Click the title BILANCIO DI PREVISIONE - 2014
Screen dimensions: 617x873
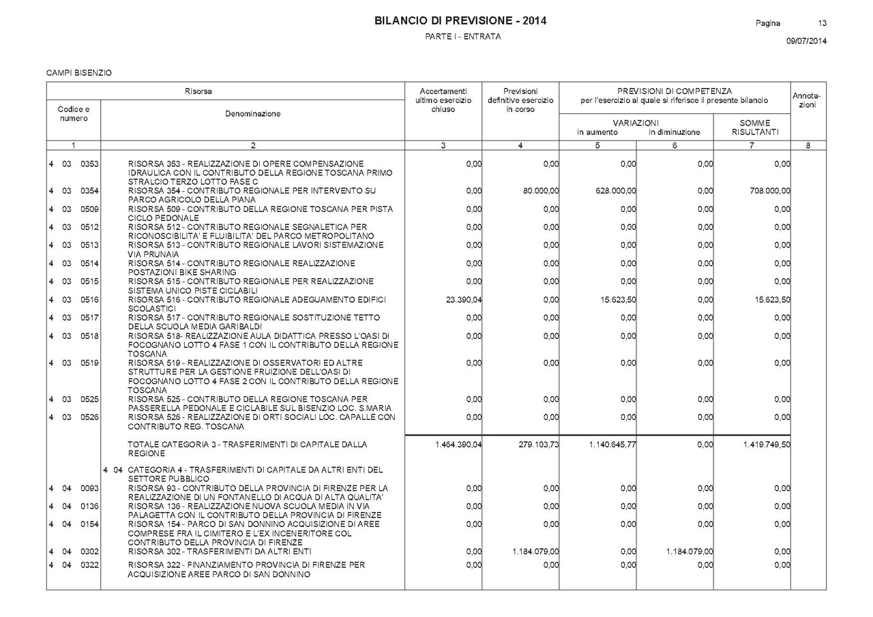pos(460,21)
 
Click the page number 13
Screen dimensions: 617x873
pos(822,23)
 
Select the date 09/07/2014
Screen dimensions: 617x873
pos(806,41)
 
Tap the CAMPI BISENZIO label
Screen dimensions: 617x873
pos(79,72)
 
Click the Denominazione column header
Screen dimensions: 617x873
pos(252,114)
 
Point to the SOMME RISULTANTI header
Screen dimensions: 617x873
pos(754,127)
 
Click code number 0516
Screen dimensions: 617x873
pos(90,299)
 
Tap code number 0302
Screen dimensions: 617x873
pos(90,551)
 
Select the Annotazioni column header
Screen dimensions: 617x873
pos(808,100)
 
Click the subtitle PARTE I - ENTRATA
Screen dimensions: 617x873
pos(462,37)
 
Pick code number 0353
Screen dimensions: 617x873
pos(90,164)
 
